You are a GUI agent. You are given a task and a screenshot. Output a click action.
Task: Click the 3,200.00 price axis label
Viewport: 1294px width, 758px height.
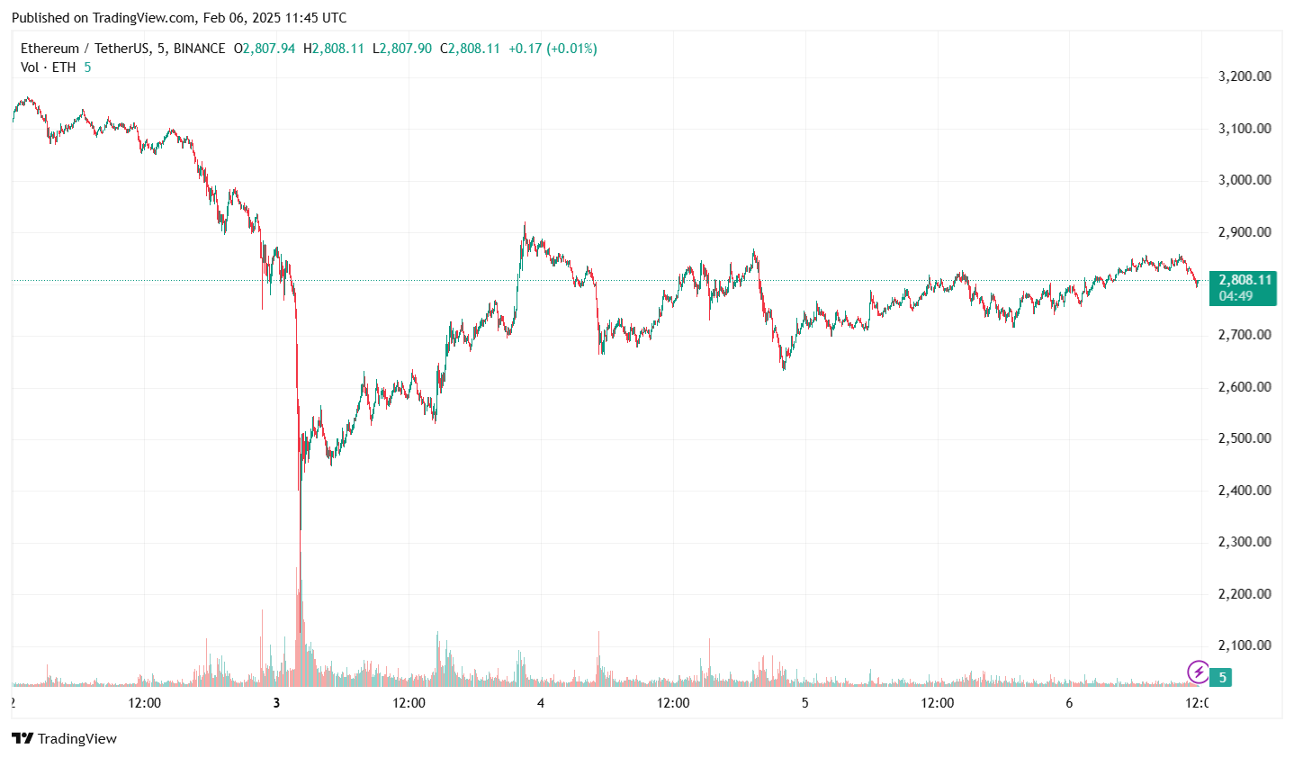tap(1245, 77)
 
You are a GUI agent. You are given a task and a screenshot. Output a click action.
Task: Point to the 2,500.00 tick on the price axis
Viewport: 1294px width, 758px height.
tap(1245, 438)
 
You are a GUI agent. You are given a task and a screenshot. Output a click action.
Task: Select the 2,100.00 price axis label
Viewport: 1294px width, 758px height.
tap(1245, 645)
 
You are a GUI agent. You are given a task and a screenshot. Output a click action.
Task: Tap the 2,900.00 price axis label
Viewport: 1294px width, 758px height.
tap(1245, 232)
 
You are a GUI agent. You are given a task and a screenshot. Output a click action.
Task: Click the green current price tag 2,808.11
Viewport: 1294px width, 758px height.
tap(1245, 280)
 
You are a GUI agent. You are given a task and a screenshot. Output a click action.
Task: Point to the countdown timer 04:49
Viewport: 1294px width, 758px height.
tap(1236, 296)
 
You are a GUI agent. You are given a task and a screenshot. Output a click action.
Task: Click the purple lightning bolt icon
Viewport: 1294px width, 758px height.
tap(1199, 672)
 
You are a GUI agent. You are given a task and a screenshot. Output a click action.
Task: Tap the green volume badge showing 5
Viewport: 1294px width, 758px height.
tap(1221, 677)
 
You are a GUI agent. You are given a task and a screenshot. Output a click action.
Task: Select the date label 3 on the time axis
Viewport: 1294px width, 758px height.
tap(276, 703)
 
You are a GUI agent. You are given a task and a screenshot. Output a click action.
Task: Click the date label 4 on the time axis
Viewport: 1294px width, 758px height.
tap(541, 703)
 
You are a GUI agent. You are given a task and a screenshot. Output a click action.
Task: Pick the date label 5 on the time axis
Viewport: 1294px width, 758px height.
tap(804, 703)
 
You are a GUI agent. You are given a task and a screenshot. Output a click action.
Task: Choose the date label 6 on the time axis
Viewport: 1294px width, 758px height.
tap(1069, 703)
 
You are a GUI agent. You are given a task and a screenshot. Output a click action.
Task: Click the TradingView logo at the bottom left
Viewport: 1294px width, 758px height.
tap(64, 739)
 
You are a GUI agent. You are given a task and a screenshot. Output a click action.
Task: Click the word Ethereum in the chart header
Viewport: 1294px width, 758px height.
tap(49, 49)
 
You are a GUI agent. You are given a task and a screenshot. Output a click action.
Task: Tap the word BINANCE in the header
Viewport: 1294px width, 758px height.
tap(199, 49)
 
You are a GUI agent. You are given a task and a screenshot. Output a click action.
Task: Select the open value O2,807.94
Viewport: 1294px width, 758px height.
tap(265, 49)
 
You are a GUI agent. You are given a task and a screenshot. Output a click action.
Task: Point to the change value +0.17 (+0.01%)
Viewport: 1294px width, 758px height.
tap(553, 49)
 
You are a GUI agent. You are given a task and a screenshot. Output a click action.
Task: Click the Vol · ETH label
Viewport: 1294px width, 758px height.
tap(49, 68)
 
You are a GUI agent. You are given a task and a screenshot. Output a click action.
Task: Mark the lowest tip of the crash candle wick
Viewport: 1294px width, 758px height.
tap(300, 632)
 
